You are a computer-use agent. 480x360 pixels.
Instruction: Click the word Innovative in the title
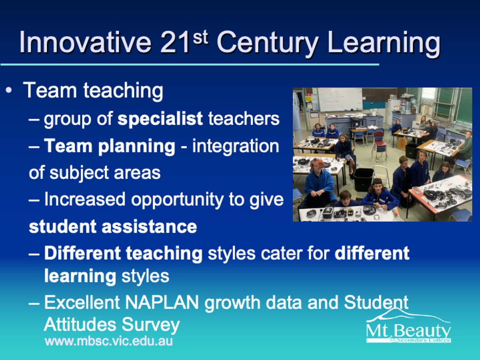pyautogui.click(x=86, y=42)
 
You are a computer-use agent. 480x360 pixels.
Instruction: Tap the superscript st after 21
pyautogui.click(x=200, y=38)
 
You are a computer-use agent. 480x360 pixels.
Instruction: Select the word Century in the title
pyautogui.click(x=267, y=44)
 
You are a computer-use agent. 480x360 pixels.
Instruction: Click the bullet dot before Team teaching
pyautogui.click(x=9, y=90)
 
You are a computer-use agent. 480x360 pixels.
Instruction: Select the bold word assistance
pyautogui.click(x=149, y=226)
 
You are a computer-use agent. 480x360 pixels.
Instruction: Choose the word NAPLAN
pyautogui.click(x=162, y=302)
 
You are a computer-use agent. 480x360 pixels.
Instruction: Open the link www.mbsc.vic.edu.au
pyautogui.click(x=109, y=341)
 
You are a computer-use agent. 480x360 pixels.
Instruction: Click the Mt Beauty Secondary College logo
pyautogui.click(x=408, y=325)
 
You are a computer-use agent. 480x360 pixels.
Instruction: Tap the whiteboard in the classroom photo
pyautogui.click(x=340, y=100)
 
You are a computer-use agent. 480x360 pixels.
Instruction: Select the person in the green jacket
pyautogui.click(x=465, y=146)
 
